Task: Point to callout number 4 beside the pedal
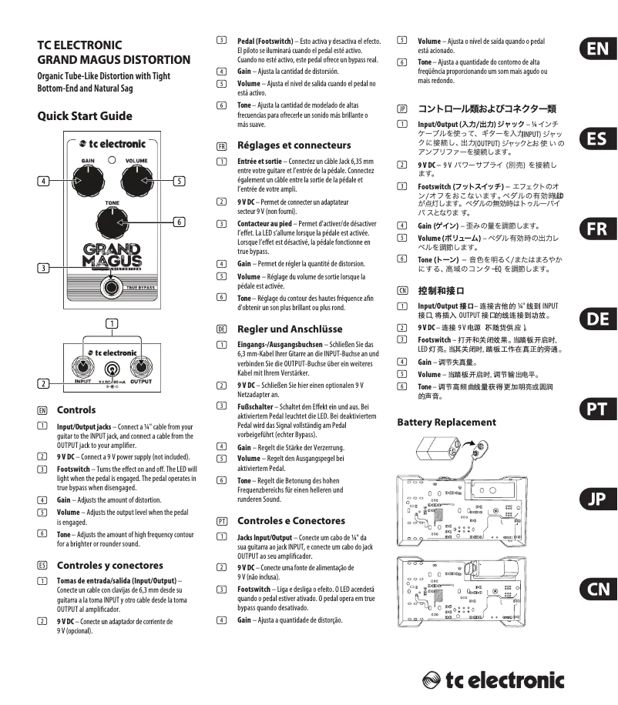coord(45,182)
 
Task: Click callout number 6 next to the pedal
coord(179,222)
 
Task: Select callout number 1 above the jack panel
coord(113,323)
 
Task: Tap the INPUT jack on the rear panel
coord(80,366)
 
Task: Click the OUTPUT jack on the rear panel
coord(140,366)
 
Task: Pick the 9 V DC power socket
coord(111,367)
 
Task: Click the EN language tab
coord(597,49)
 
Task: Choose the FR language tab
coord(597,229)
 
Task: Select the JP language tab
coord(597,500)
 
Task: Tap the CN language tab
coord(597,590)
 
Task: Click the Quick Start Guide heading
coord(85,116)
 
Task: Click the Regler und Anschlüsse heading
coord(290,328)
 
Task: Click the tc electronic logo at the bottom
coord(493,680)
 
